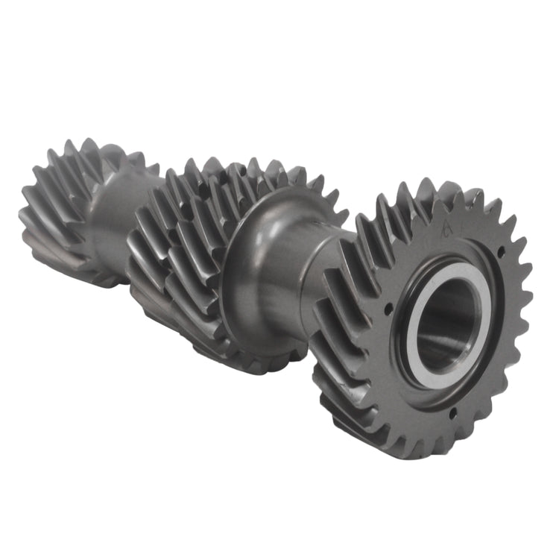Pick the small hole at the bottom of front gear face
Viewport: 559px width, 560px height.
tap(451, 409)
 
